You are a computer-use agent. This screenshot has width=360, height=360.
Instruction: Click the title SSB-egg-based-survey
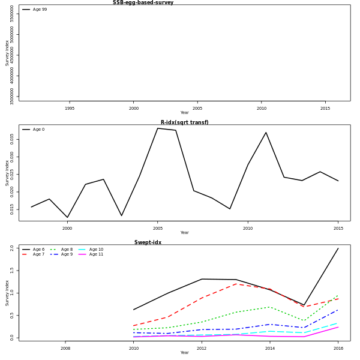coord(143,2)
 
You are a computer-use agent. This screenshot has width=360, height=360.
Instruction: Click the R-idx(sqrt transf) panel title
coord(184,122)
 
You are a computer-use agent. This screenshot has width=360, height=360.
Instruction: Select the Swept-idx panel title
coord(148,242)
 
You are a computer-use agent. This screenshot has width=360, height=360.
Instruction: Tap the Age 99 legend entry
coord(40,10)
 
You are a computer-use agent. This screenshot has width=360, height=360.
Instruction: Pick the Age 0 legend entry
coord(38,130)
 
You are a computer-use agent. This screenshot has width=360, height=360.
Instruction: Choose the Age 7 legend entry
coord(38,254)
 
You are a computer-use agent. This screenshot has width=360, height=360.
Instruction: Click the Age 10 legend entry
coord(96,250)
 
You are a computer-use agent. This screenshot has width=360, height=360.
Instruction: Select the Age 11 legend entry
coord(96,254)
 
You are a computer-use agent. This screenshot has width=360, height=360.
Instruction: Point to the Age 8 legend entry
coord(66,250)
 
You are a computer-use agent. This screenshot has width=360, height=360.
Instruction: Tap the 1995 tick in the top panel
coord(70,109)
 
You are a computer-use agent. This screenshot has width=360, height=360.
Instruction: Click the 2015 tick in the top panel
coord(325,109)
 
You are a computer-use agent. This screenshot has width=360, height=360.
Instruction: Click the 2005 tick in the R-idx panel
coord(158,229)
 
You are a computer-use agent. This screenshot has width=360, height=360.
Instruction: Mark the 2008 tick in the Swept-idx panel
coord(65,349)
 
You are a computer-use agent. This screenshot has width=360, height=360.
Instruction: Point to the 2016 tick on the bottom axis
coord(338,349)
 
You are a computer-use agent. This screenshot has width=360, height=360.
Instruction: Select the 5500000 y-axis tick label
coord(11,14)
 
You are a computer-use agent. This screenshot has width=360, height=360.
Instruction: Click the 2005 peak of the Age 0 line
coord(158,128)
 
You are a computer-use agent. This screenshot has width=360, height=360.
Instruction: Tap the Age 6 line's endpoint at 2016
coord(338,248)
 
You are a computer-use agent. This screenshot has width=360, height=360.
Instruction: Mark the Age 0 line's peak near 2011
coord(266,133)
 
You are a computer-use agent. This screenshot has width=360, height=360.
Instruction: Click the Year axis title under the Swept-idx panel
coord(184,353)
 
